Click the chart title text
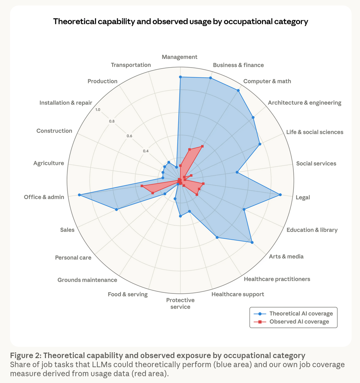pos(180,22)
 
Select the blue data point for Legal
pos(280,195)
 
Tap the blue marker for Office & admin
pos(79,195)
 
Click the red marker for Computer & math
pos(202,146)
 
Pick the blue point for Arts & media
pos(252,242)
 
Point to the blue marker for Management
pos(180,77)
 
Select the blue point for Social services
pos(237,172)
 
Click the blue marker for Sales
pos(116,210)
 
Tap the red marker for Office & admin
pos(142,186)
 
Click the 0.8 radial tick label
pos(112,122)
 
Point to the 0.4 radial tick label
pos(146,151)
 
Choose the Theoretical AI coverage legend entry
pos(301,314)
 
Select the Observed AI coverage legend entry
pos(299,322)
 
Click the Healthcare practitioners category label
pos(277,279)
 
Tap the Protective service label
pos(180,303)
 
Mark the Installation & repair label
pos(66,103)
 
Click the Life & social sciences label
pos(314,132)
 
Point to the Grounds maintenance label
pos(87,280)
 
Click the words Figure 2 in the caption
pos(26,356)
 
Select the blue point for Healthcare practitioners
pos(217,238)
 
